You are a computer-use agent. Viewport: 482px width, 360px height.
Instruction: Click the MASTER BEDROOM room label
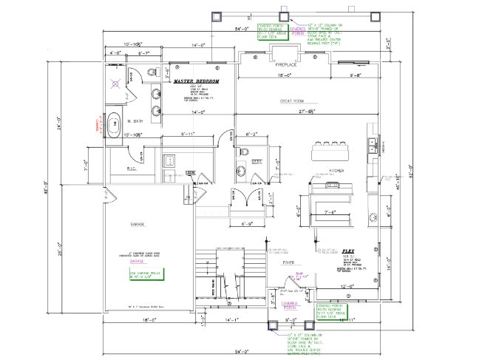(x=197, y=80)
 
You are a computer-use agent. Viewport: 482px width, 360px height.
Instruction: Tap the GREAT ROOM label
(x=293, y=101)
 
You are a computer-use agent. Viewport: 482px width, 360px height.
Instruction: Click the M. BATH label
(x=134, y=121)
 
